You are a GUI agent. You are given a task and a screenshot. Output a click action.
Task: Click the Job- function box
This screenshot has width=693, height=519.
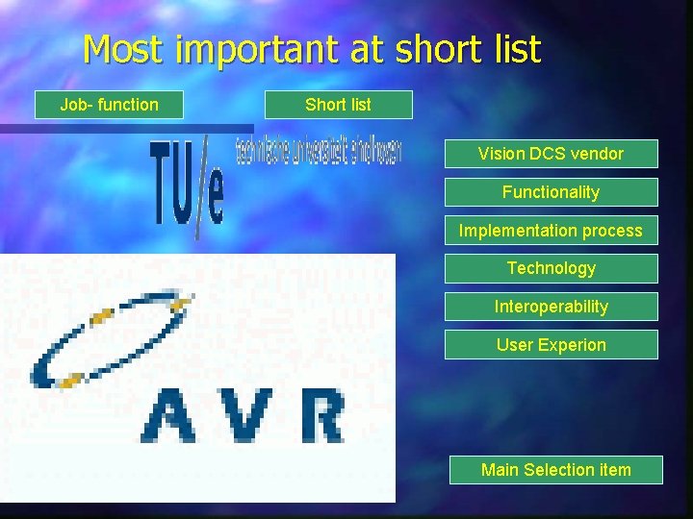[x=109, y=105]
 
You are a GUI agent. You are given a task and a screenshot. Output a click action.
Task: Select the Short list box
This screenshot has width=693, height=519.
[x=338, y=105]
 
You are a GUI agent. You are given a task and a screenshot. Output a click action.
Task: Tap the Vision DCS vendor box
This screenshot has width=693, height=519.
[x=551, y=154]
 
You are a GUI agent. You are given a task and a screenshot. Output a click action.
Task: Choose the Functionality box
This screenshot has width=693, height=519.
[x=551, y=192]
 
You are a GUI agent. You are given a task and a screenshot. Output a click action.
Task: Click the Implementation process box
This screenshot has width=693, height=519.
[x=551, y=231]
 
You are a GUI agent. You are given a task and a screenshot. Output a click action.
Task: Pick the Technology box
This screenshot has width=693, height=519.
[x=551, y=268]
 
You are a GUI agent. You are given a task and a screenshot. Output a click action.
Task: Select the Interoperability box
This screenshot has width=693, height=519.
[x=551, y=307]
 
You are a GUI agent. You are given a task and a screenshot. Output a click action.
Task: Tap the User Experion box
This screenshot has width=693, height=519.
[x=551, y=345]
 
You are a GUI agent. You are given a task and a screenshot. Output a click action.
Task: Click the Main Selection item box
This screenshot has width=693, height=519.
[x=555, y=470]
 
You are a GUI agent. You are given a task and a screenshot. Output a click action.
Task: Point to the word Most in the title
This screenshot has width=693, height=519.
[x=121, y=50]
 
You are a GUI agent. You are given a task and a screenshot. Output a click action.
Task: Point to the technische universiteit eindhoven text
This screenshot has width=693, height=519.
[x=318, y=152]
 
